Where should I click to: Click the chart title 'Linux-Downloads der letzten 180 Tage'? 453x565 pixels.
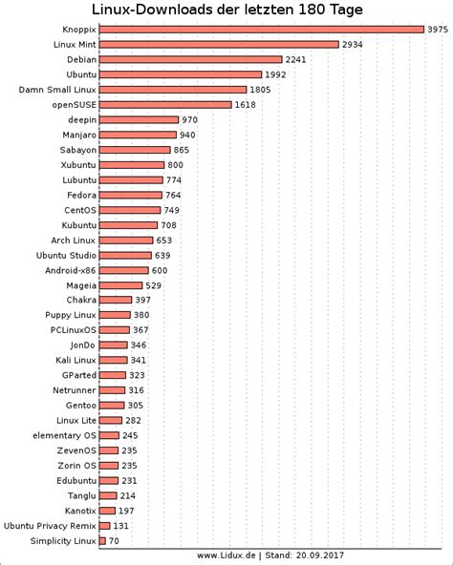[227, 10]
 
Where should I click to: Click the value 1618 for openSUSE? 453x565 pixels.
[261, 104]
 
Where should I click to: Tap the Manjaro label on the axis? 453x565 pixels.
[74, 135]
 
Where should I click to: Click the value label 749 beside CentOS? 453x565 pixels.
[172, 210]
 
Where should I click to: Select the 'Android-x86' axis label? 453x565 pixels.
[71, 270]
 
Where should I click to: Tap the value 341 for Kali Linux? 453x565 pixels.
[139, 360]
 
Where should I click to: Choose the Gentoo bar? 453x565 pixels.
[112, 405]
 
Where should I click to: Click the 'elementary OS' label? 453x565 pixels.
[63, 435]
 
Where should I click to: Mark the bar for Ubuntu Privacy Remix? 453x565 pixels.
[104, 525]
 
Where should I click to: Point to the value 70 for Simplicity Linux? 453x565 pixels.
[114, 541]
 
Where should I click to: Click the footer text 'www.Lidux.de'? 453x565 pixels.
[226, 555]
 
